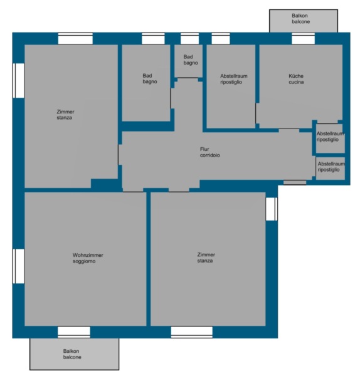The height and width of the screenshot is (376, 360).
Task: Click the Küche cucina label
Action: (296, 79)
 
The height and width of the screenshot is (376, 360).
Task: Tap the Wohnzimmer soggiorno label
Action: (88, 258)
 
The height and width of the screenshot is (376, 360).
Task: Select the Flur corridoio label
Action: (209, 152)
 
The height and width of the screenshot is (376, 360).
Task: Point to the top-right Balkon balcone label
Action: (300, 18)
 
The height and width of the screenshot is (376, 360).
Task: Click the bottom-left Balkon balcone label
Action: (72, 354)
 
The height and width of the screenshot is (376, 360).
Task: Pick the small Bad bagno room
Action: (188, 61)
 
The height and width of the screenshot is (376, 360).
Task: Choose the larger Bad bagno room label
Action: (150, 78)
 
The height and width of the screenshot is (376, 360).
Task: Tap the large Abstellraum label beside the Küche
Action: (234, 79)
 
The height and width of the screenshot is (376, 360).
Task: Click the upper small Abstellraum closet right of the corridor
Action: (331, 138)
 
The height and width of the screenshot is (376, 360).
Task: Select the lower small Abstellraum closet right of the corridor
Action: (331, 168)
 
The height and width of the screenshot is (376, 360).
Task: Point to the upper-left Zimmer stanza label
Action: (65, 115)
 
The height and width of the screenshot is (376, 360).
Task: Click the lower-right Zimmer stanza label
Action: (206, 258)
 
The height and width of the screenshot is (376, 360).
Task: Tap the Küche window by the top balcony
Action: (303, 39)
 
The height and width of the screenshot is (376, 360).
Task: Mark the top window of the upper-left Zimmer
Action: (75, 39)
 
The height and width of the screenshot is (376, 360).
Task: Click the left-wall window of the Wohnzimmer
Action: (18, 266)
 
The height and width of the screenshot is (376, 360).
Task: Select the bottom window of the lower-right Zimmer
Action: (191, 332)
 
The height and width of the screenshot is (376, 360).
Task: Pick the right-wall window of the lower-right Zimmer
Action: (272, 209)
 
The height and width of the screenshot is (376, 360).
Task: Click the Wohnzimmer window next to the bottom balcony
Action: (74, 332)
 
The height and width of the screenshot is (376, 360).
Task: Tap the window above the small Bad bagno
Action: (189, 39)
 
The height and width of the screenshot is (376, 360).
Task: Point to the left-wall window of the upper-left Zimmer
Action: (18, 81)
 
